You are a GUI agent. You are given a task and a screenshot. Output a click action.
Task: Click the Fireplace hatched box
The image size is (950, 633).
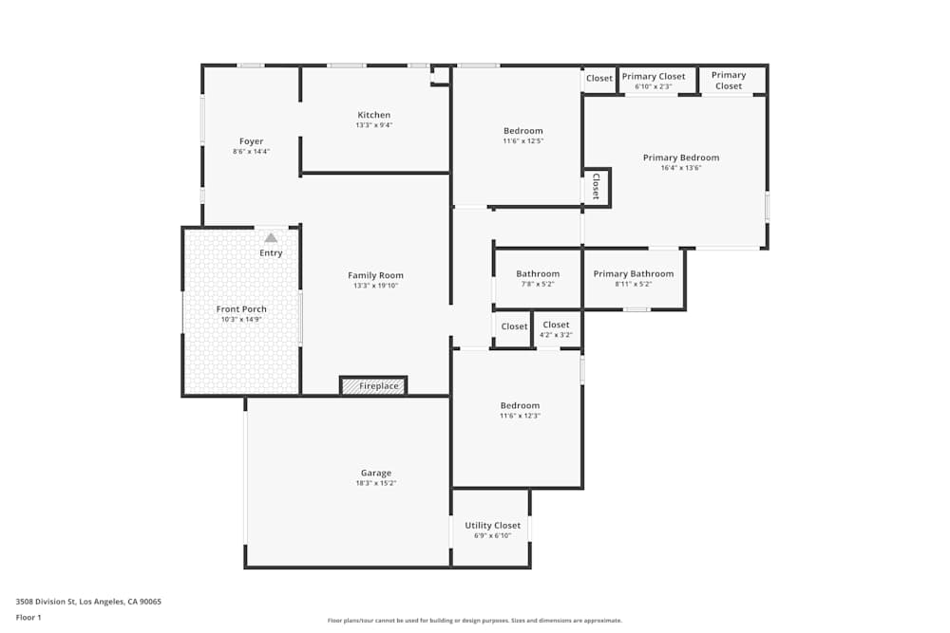point(373,385)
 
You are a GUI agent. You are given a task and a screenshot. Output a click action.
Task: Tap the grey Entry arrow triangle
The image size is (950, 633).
point(271,238)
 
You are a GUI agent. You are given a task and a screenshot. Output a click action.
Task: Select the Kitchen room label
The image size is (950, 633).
point(373,115)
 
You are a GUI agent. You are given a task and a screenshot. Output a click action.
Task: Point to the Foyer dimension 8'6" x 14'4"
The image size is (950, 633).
point(252,152)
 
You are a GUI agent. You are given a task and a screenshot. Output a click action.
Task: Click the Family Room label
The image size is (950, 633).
point(375,275)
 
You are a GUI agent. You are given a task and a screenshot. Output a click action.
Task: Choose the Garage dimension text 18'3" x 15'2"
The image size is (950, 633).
point(376,483)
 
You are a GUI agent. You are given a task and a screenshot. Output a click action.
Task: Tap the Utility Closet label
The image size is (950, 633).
point(492,526)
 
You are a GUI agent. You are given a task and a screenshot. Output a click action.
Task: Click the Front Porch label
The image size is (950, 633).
point(241,309)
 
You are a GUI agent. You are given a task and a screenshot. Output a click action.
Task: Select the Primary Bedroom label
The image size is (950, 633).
point(681,158)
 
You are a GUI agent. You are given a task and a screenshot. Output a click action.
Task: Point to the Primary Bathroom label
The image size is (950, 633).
point(633,274)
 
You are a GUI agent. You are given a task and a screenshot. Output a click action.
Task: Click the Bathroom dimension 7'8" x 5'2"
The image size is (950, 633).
point(538,284)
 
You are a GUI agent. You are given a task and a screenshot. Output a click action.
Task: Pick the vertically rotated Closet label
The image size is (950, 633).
point(596,186)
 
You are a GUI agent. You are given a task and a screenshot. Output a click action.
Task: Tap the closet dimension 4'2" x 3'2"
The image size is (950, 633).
point(556,335)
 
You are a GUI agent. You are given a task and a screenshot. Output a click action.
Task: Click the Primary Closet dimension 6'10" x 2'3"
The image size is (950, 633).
point(654,86)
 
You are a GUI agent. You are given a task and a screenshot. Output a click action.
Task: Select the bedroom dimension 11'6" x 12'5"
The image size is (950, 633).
point(523,141)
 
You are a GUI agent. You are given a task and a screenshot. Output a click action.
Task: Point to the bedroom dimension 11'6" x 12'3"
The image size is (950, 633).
point(520,416)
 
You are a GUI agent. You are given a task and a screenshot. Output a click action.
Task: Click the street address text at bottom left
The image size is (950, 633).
point(88,602)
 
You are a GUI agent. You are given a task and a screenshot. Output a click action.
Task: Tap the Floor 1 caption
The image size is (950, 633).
point(28,617)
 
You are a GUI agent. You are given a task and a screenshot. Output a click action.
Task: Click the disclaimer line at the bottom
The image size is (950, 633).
point(474,621)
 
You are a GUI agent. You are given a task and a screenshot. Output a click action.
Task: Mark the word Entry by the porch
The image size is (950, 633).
point(271,253)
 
